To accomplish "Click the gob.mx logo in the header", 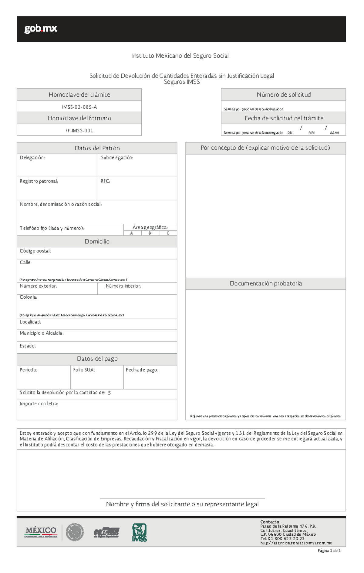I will tap(40, 29).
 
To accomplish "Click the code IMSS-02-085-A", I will tap(79, 107).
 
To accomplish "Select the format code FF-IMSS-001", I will tap(79, 131).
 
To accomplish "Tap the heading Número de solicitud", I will tap(284, 95).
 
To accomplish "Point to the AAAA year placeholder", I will tap(334, 133).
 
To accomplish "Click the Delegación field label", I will tap(32, 158).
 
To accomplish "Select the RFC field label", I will tap(105, 181).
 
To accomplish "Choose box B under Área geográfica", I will tap(150, 233).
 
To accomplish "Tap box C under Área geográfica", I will tap(168, 233).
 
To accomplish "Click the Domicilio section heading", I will tap(97, 241).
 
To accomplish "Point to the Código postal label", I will tap(35, 251).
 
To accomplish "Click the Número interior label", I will tap(123, 286).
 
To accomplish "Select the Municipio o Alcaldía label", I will tap(42, 333).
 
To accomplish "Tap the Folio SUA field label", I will tap(84, 370).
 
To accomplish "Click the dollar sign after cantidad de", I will tap(109, 393).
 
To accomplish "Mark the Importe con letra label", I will tap(39, 404).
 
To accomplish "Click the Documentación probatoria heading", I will tap(266, 283).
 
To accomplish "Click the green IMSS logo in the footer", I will tap(139, 533).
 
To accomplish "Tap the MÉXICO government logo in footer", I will tap(41, 532).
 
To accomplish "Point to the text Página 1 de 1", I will tap(329, 551).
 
